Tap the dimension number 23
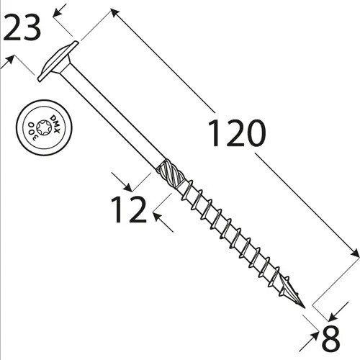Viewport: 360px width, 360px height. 24,28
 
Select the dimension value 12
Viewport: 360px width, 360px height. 129,209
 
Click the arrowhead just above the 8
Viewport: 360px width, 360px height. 333,315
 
